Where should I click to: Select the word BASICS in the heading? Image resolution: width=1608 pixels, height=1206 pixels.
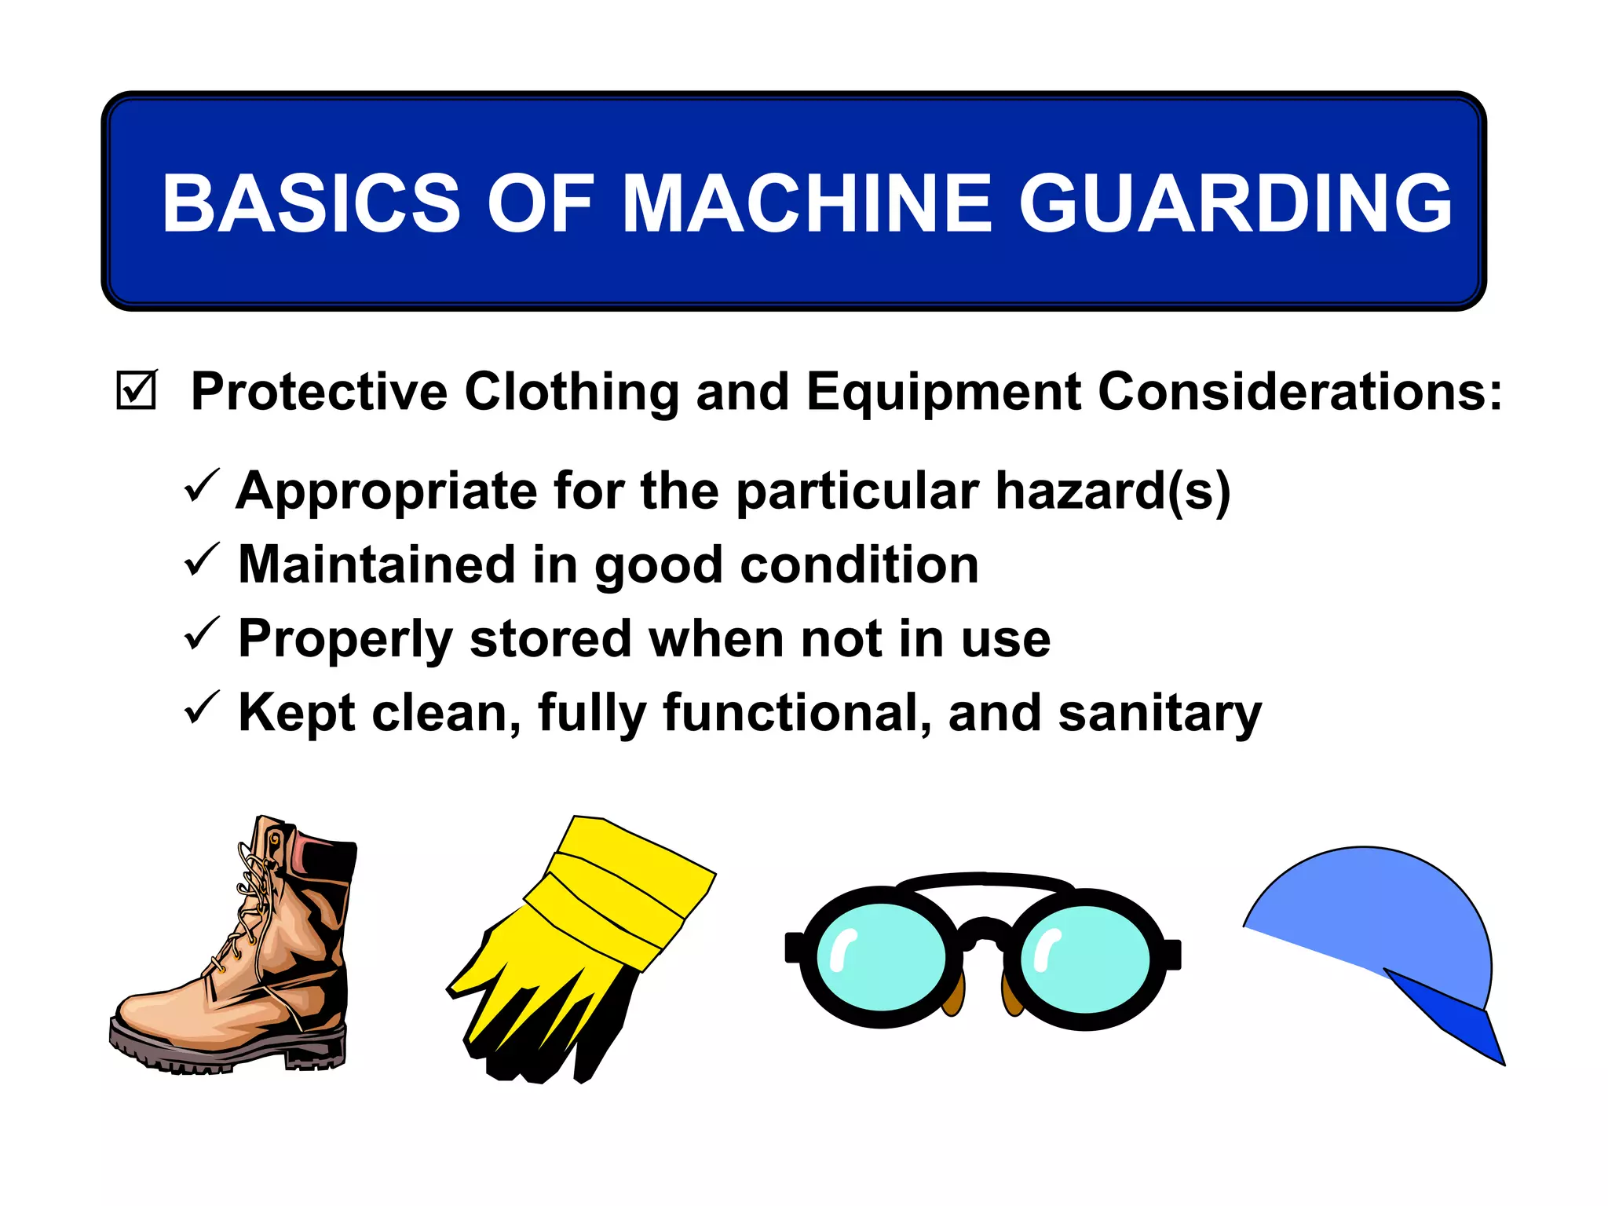310,203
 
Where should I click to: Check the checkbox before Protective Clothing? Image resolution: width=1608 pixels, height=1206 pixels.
137,390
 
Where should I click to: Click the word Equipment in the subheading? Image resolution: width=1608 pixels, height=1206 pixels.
943,392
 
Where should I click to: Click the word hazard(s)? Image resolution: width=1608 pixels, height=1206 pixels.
1113,492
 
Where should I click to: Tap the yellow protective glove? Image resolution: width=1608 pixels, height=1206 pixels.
581,942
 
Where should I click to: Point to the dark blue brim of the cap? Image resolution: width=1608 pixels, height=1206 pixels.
1453,1021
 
